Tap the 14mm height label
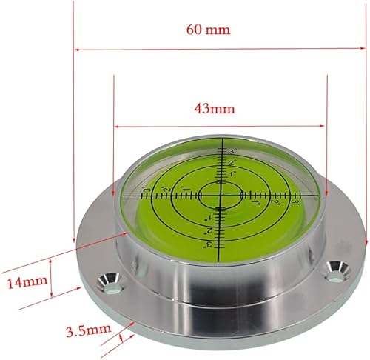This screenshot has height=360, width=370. pyautogui.click(x=24, y=282)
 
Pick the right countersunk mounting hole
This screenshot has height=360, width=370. pyautogui.click(x=337, y=272)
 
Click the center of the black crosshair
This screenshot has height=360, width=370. pyautogui.click(x=220, y=194)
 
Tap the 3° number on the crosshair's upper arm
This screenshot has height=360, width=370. pyautogui.click(x=232, y=151)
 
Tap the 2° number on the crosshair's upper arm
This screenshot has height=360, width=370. pyautogui.click(x=231, y=163)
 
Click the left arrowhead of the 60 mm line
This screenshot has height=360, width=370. pyautogui.click(x=77, y=50)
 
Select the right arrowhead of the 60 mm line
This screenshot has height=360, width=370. pyautogui.click(x=364, y=50)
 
